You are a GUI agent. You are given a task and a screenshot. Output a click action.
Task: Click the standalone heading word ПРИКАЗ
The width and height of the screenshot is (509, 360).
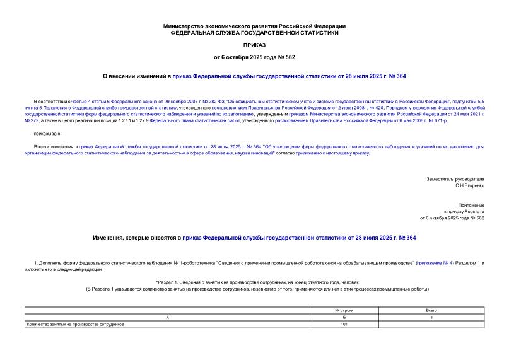(254, 46)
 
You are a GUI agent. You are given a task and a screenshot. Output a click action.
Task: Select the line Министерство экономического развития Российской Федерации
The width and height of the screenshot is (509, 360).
(254, 26)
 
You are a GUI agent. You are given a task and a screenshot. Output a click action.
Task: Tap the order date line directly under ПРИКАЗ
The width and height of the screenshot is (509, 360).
(254, 57)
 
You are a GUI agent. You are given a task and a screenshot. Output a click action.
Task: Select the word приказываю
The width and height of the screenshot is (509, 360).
(48, 134)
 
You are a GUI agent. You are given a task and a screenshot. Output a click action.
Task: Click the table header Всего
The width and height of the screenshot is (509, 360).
(431, 311)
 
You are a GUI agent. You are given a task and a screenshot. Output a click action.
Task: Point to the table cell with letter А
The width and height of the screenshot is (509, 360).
(168, 318)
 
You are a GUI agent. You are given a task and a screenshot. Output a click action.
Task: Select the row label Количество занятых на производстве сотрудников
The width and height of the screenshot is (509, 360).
(75, 324)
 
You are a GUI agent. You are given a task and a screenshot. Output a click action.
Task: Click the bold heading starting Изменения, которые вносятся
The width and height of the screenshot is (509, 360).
(254, 238)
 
